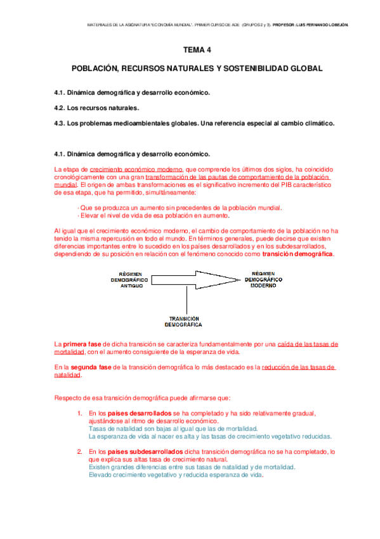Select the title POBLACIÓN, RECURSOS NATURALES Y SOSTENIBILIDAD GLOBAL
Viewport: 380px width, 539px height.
197,67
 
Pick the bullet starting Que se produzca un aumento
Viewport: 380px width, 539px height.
180,208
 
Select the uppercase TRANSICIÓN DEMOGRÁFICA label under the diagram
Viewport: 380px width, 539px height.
183,321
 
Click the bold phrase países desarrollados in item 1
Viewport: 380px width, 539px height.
130,413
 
